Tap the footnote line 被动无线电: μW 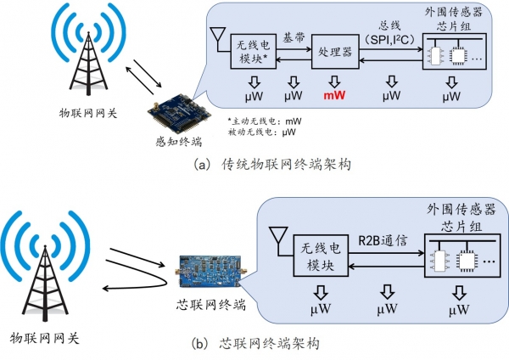[266, 133]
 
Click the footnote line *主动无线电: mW [266, 121]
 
